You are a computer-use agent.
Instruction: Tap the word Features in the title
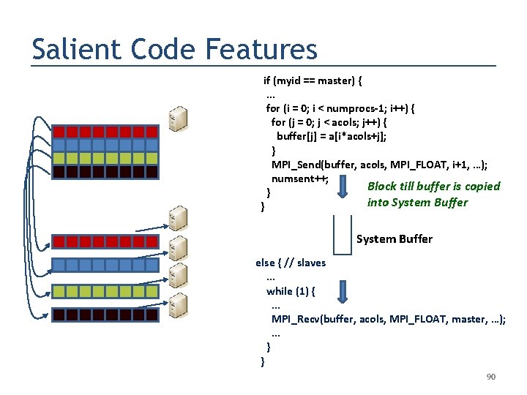[x=261, y=50]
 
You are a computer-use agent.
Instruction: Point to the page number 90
[x=491, y=377]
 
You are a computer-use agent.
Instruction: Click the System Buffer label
[x=394, y=239]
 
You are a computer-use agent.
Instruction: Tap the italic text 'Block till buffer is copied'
[x=433, y=187]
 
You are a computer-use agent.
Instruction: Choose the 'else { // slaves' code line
[x=291, y=263]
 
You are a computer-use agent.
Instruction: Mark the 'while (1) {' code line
[x=291, y=291]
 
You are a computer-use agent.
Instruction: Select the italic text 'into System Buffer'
[x=417, y=203]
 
